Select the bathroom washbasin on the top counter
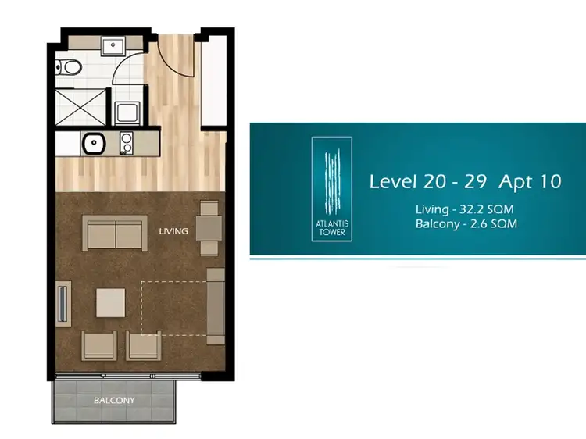[x=113, y=45]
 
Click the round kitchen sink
[x=94, y=143]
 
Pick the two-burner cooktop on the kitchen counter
[x=125, y=143]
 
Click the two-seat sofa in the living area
[x=115, y=233]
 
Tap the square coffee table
[x=110, y=302]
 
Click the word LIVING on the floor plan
[x=173, y=231]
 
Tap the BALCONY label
[x=114, y=401]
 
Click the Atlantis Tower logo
[x=332, y=190]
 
